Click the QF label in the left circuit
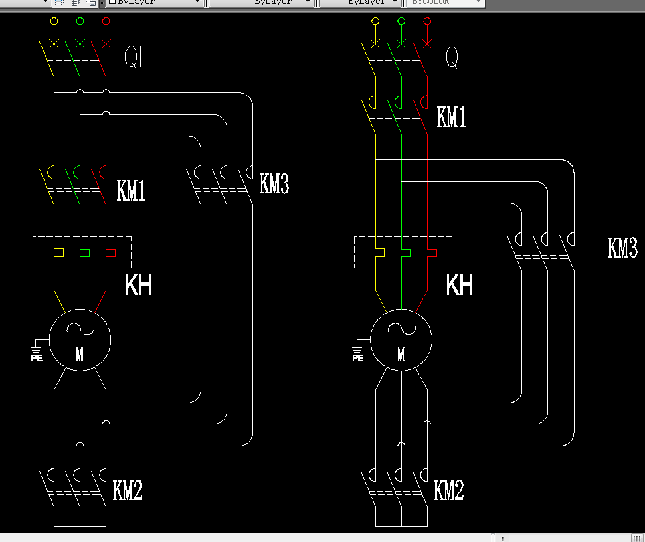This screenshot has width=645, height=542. pyautogui.click(x=137, y=58)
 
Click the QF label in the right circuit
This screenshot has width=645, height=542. pyautogui.click(x=458, y=58)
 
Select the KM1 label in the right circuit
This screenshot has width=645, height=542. pyautogui.click(x=451, y=117)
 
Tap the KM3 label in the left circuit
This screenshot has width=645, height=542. pyautogui.click(x=274, y=183)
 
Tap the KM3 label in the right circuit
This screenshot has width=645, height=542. pyautogui.click(x=622, y=248)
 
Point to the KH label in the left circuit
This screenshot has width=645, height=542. pyautogui.click(x=138, y=285)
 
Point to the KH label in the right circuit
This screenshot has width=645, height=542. pyautogui.click(x=459, y=285)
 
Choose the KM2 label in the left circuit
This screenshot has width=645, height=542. pyautogui.click(x=128, y=491)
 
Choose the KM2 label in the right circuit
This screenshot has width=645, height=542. pyautogui.click(x=448, y=491)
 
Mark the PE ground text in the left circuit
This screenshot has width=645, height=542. pyautogui.click(x=37, y=357)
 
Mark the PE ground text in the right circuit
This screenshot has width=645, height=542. pyautogui.click(x=357, y=357)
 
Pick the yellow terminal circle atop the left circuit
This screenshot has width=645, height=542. pyautogui.click(x=54, y=21)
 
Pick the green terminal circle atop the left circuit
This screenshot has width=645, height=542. pyautogui.click(x=80, y=21)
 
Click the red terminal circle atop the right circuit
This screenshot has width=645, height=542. pyautogui.click(x=426, y=21)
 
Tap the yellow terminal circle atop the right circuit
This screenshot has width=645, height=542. pyautogui.click(x=375, y=21)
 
